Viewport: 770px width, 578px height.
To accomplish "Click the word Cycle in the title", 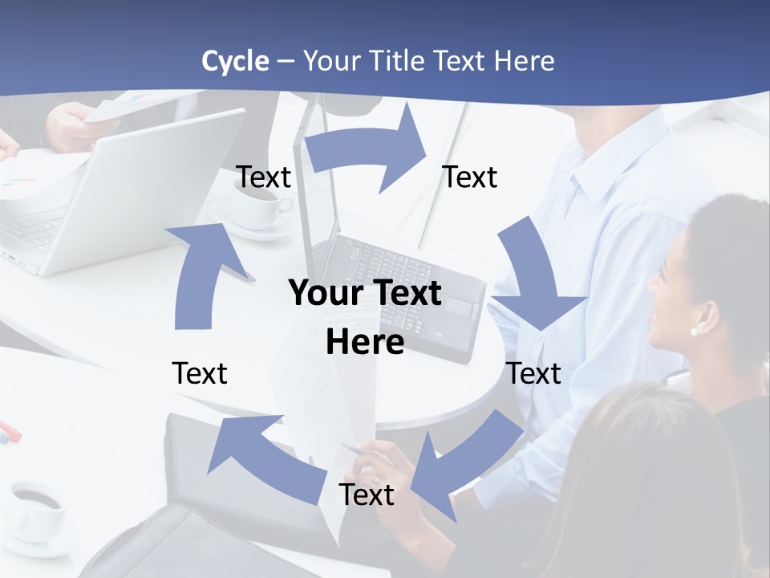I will pyautogui.click(x=235, y=61).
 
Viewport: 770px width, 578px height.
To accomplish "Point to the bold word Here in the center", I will pyautogui.click(x=365, y=342).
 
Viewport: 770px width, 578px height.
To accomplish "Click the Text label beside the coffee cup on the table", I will pyautogui.click(x=264, y=177).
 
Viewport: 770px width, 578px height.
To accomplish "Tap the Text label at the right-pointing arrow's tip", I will pyautogui.click(x=470, y=177).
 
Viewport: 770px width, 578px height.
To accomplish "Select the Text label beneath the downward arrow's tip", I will pyautogui.click(x=534, y=373).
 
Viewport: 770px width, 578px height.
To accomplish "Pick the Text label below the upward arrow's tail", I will pyautogui.click(x=200, y=373).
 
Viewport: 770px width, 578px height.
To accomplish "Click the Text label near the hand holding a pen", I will pyautogui.click(x=367, y=495).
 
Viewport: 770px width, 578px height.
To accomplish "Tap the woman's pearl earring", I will pyautogui.click(x=695, y=331).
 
